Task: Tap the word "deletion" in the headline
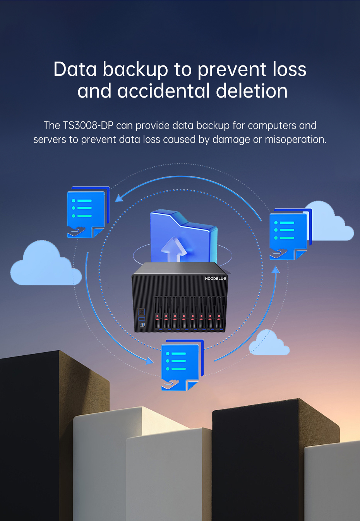click(x=252, y=91)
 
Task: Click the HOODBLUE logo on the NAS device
click(x=215, y=279)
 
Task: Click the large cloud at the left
click(x=45, y=267)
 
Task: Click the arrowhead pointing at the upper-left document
click(x=119, y=198)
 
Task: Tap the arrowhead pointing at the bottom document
click(x=150, y=361)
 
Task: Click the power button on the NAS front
click(x=141, y=312)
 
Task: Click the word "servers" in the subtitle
click(x=50, y=139)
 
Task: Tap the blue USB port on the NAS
click(x=142, y=325)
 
